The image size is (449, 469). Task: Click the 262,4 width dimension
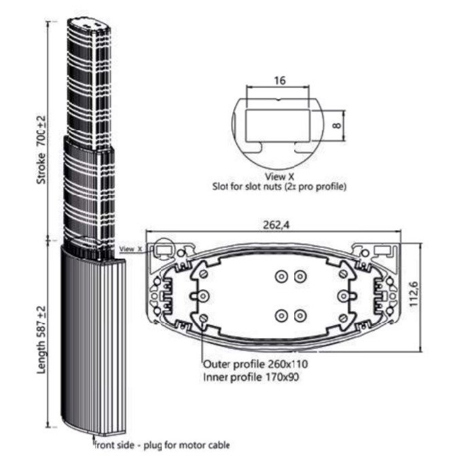[274, 225]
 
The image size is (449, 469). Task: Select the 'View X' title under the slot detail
[279, 176]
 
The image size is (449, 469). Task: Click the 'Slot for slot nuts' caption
[279, 185]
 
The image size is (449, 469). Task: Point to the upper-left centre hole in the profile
[281, 276]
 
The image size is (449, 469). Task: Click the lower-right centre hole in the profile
[300, 316]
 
